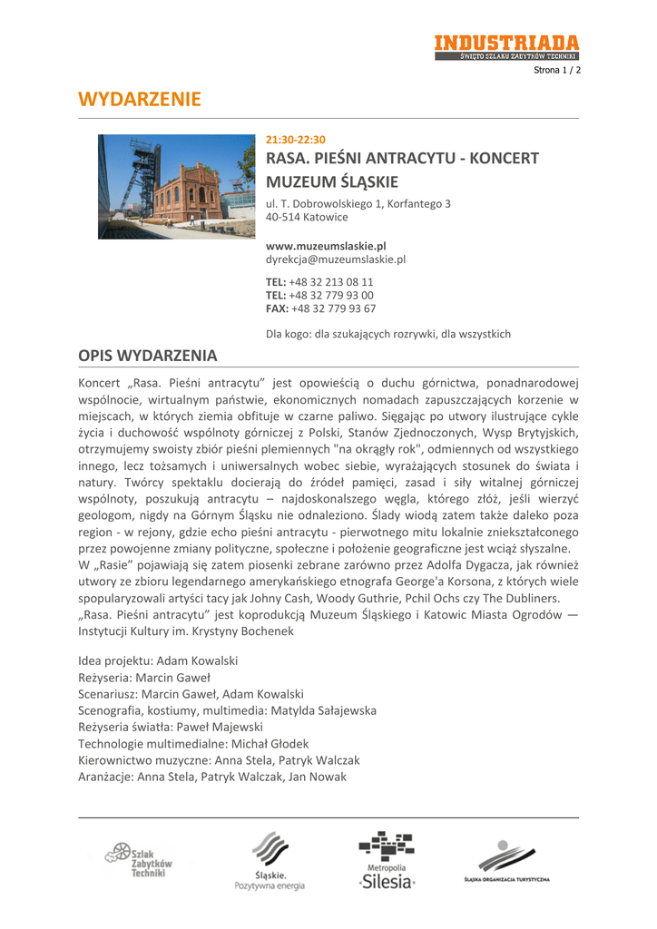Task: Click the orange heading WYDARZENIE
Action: coord(140,99)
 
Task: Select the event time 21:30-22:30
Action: coord(295,140)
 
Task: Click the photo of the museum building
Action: coord(177,187)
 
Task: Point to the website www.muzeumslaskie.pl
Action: coord(326,246)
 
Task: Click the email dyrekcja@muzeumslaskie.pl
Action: coord(335,259)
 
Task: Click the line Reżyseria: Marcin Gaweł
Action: coord(144,678)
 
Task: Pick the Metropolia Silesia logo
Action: coord(387,859)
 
